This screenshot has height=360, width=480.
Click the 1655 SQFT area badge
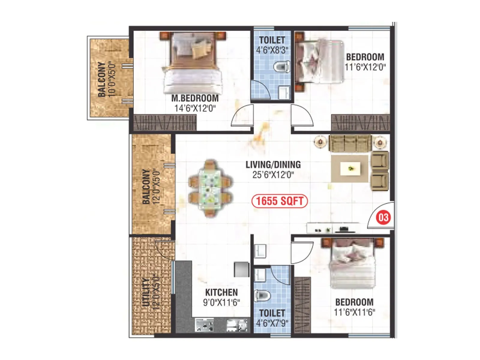tap(280, 201)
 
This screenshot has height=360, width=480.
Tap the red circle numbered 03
tap(383, 217)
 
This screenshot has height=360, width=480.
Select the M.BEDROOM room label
tap(195, 98)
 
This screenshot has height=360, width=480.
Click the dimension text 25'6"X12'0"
tap(273, 175)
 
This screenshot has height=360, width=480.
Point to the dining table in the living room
tap(211, 188)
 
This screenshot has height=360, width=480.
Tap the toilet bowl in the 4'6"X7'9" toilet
tap(262, 296)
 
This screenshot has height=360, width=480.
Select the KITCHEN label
tap(221, 292)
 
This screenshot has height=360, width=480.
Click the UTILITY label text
tap(146, 292)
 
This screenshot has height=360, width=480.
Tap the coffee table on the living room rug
tap(350, 169)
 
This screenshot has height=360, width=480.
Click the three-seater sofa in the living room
tap(350, 143)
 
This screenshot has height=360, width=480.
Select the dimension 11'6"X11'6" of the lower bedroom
tap(354, 312)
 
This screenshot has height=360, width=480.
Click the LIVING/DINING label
tap(273, 164)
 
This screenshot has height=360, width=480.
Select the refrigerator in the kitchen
tap(241, 269)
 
